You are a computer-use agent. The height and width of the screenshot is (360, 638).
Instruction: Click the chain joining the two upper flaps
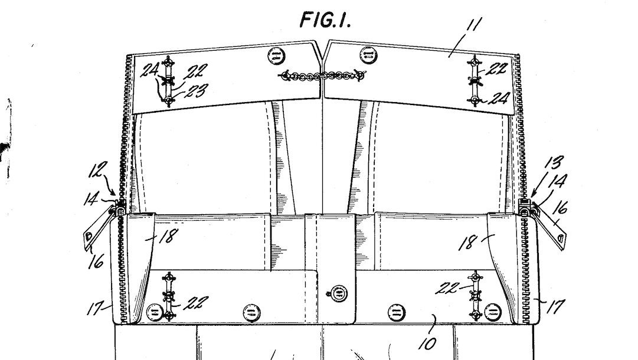(322, 76)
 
